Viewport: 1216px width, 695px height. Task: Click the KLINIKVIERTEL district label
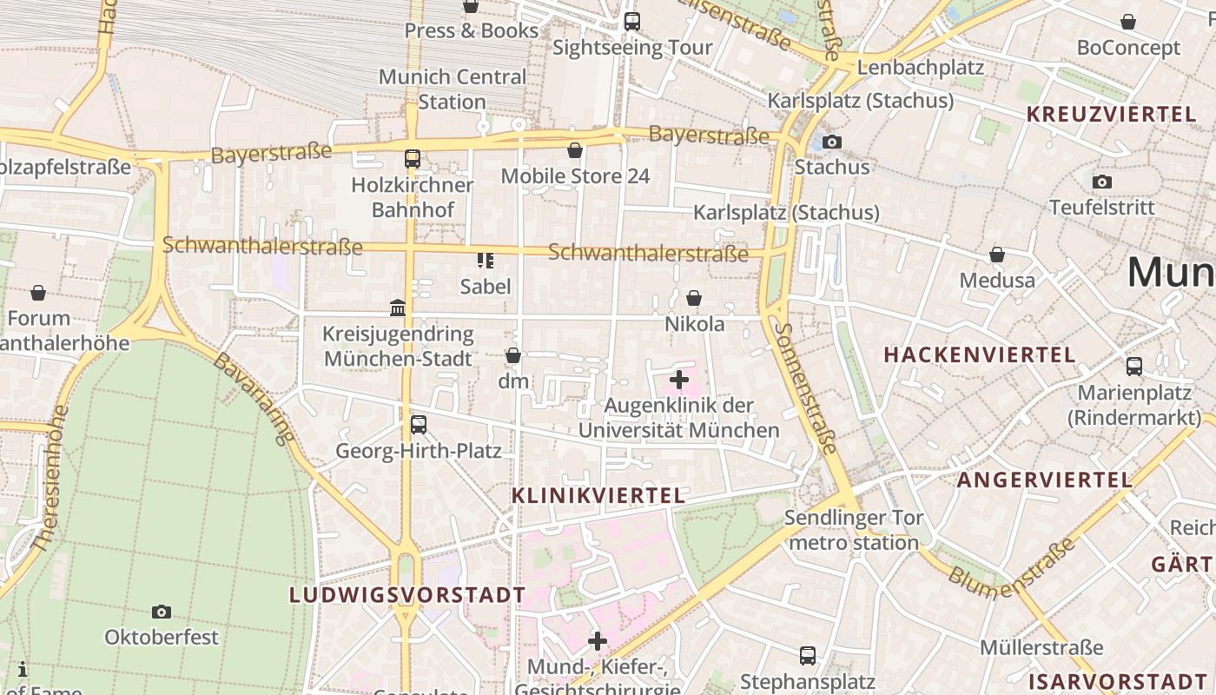[x=598, y=496]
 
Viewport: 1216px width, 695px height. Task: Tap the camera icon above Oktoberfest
[x=162, y=612]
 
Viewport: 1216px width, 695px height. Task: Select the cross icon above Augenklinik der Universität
[x=679, y=380]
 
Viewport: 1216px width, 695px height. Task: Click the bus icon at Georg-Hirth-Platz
[x=419, y=425]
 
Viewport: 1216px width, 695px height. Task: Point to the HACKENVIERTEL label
[x=980, y=354]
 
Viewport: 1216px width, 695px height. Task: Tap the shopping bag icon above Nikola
[x=694, y=299]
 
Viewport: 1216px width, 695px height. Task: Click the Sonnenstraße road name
[x=808, y=388]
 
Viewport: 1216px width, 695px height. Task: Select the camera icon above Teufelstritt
[x=1102, y=182]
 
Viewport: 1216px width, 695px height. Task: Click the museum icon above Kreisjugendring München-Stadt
[x=398, y=308]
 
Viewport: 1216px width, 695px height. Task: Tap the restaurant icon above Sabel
[x=486, y=261]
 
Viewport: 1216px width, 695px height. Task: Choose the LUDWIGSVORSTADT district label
[x=407, y=595]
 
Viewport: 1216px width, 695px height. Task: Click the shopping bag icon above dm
[x=513, y=355]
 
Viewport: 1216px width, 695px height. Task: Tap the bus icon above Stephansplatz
[x=808, y=655]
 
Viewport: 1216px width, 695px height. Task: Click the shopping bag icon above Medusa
[x=997, y=255]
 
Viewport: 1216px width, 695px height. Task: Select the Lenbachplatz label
[x=920, y=67]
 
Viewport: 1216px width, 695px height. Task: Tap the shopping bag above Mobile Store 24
[x=575, y=150]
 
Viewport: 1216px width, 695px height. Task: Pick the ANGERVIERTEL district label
[x=1045, y=480]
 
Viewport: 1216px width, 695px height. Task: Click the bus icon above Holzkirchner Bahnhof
[x=413, y=159]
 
